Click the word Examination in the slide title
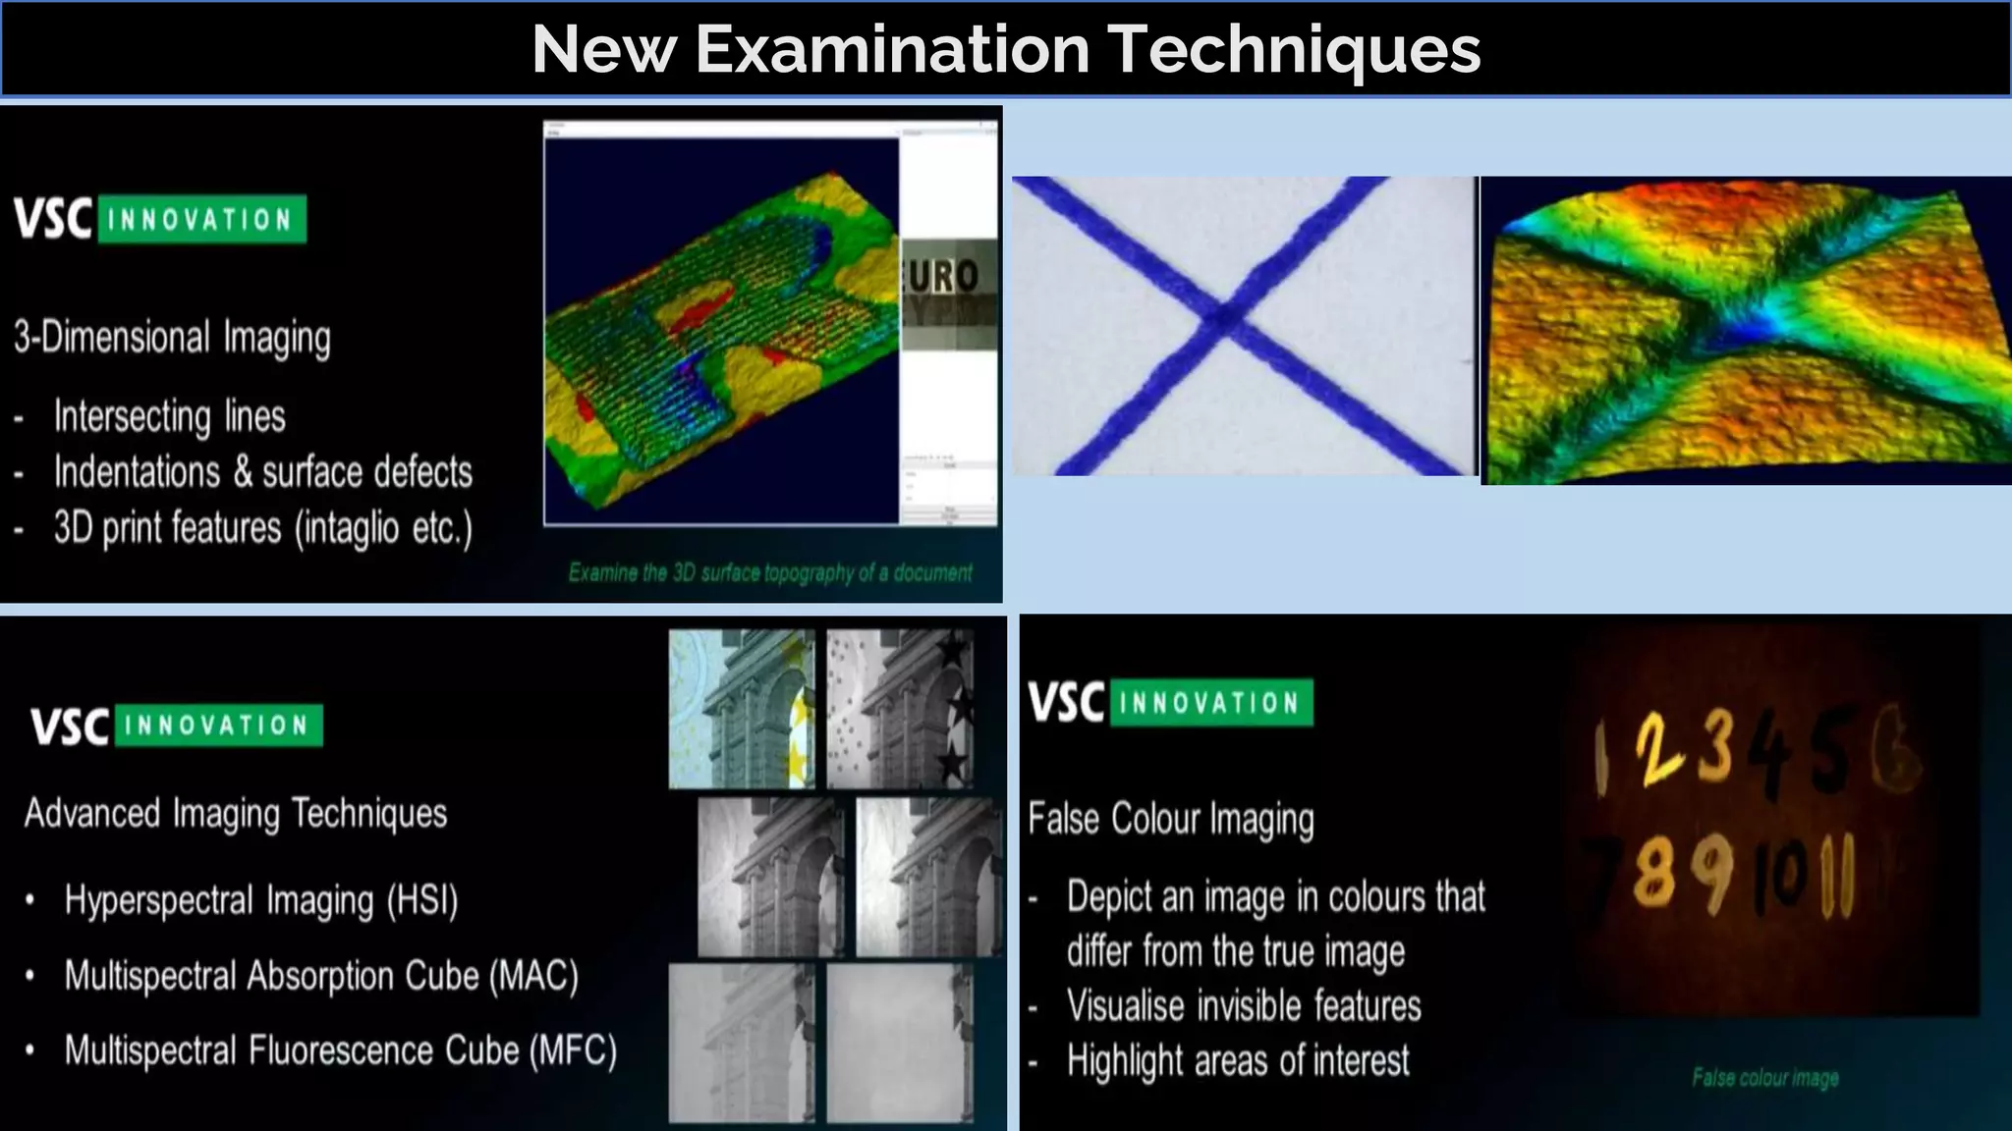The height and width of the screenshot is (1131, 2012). [892, 49]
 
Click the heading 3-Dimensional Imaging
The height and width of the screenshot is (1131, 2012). [172, 337]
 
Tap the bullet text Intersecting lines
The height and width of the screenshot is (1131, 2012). [169, 416]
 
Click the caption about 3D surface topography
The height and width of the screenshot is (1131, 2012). [770, 572]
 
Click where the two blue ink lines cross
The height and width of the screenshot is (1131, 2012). [1224, 317]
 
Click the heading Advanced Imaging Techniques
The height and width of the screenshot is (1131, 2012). [236, 813]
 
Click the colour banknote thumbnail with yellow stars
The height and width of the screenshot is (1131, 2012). [742, 709]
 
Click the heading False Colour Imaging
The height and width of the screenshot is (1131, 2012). [1171, 819]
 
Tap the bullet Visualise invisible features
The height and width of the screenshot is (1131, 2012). [1244, 1006]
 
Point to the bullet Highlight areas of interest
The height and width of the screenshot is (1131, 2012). [1238, 1060]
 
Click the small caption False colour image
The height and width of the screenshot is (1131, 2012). [1764, 1077]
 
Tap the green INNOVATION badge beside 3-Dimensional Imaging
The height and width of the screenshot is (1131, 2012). [201, 219]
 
